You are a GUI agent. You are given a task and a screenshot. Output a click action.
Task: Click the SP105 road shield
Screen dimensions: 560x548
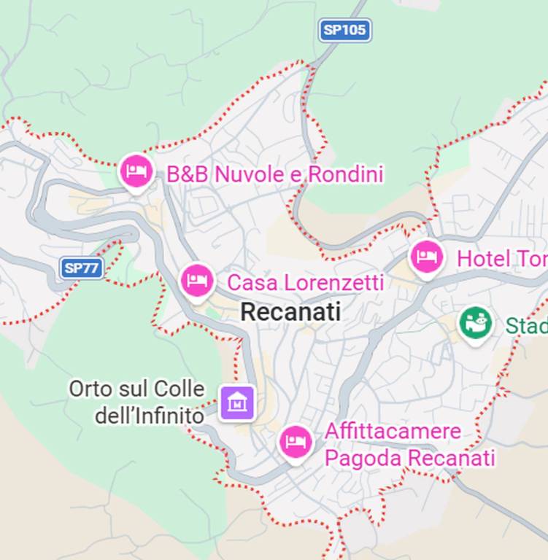pyautogui.click(x=345, y=30)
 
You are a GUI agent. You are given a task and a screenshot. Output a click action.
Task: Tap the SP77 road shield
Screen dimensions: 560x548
pyautogui.click(x=81, y=268)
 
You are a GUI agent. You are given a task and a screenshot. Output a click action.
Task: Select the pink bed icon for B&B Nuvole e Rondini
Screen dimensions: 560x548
pyautogui.click(x=136, y=172)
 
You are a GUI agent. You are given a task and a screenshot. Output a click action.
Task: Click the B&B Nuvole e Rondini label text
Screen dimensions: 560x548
pyautogui.click(x=274, y=174)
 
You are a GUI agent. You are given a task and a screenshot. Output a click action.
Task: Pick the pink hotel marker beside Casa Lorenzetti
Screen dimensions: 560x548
pyautogui.click(x=196, y=280)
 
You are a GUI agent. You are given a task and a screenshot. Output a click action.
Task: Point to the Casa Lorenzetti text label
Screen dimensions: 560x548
pyautogui.click(x=305, y=282)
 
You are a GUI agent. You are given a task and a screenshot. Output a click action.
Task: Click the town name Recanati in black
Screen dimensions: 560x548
pyautogui.click(x=290, y=312)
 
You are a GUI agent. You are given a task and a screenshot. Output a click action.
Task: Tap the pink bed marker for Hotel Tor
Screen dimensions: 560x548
pyautogui.click(x=426, y=257)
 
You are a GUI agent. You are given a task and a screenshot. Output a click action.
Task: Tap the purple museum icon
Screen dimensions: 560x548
pyautogui.click(x=238, y=401)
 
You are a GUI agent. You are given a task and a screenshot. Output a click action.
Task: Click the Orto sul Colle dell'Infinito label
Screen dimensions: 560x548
pyautogui.click(x=137, y=402)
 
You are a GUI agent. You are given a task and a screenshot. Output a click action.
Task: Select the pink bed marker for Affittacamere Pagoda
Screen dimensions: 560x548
pyautogui.click(x=296, y=441)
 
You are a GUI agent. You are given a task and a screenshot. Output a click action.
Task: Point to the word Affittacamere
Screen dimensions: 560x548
pyautogui.click(x=393, y=431)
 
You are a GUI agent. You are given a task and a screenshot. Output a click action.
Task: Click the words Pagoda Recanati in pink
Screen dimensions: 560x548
pyautogui.click(x=409, y=459)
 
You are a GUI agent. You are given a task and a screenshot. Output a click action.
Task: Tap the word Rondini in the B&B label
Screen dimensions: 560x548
pyautogui.click(x=345, y=174)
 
